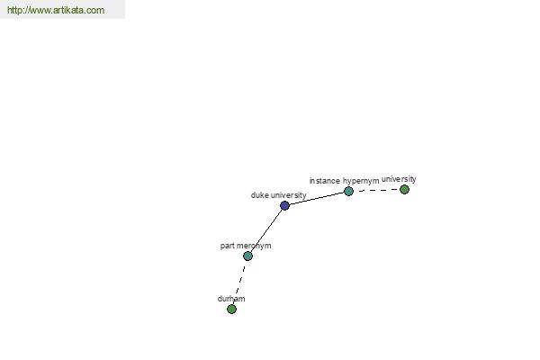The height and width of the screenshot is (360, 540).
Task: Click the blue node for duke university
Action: click(x=284, y=206)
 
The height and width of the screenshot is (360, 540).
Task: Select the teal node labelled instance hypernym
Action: click(x=348, y=191)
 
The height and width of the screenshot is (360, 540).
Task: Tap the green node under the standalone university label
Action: click(x=404, y=189)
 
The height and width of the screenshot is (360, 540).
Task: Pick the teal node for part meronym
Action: click(x=247, y=256)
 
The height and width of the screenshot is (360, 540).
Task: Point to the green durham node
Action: click(x=232, y=309)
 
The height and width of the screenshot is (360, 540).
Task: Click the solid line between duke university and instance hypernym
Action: click(x=317, y=198)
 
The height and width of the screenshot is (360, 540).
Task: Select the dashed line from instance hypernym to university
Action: click(x=376, y=190)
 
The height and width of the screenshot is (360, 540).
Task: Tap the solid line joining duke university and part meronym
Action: click(x=266, y=230)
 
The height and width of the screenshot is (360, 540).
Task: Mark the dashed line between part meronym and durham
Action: click(x=239, y=283)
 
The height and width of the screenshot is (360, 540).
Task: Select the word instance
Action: click(x=324, y=181)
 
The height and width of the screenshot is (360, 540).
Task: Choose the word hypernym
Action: click(x=361, y=181)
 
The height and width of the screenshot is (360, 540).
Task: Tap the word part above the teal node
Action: click(x=226, y=246)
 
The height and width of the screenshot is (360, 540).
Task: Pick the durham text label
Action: click(x=231, y=299)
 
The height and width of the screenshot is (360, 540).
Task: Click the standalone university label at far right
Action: click(x=399, y=179)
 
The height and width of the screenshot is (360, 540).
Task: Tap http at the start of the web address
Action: click(x=13, y=10)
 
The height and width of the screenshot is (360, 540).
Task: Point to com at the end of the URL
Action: click(x=96, y=11)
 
